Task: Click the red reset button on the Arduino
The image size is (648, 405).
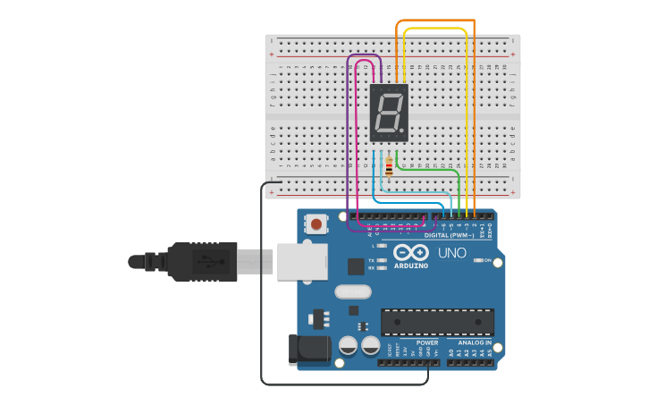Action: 315,223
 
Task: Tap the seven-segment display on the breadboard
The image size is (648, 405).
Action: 389,113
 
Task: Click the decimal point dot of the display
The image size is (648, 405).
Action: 402,131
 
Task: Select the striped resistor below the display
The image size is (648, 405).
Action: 389,167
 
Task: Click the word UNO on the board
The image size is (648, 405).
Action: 452,253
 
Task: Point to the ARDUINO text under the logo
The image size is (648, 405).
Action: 411,266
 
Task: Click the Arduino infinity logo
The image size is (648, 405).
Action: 411,252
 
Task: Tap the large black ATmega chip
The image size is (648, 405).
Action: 437,322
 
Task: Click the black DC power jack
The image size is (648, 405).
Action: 308,350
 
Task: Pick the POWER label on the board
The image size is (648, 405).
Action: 427,342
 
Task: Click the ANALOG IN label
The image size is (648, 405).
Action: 475,342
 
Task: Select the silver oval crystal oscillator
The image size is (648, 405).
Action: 353,291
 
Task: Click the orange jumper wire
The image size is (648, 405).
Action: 435,21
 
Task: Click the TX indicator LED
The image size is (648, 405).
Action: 382,260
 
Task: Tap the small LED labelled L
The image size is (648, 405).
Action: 382,245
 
